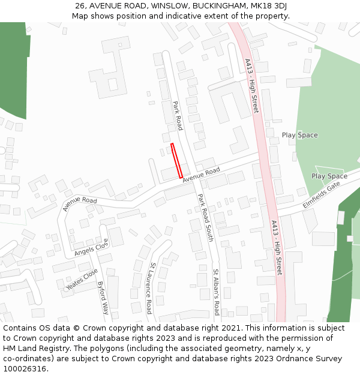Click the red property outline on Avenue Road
[x=176, y=160]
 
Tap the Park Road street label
[x=178, y=116]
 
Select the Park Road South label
[x=205, y=217]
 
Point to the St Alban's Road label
[x=216, y=292]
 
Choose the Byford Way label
[x=103, y=298]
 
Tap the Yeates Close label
[x=82, y=280]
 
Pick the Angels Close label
[x=91, y=248]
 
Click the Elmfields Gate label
[x=321, y=195]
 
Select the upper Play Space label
[x=299, y=135]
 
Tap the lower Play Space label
[x=329, y=176]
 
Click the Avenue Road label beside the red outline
[x=202, y=175]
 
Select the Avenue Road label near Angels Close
[x=79, y=203]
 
